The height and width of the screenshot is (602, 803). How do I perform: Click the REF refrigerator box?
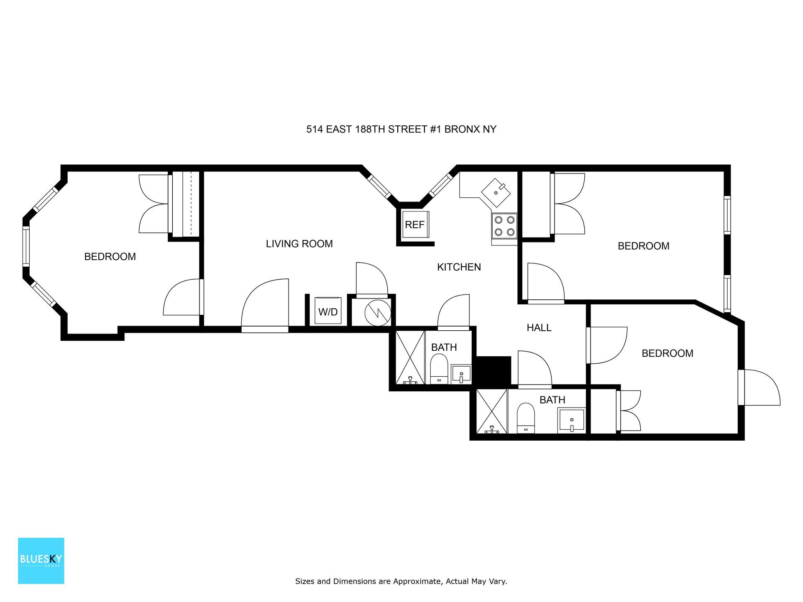[x=415, y=224]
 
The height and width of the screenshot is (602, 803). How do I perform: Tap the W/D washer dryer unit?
[x=328, y=311]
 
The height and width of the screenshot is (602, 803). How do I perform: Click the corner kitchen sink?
[x=496, y=193]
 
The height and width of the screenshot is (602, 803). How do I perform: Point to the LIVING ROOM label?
[x=299, y=244]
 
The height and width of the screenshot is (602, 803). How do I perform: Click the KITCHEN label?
[x=459, y=267]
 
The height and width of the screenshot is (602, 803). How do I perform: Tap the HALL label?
[x=539, y=328]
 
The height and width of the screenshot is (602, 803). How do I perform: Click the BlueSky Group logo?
[x=41, y=561]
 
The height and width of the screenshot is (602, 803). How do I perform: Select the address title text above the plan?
[x=401, y=129]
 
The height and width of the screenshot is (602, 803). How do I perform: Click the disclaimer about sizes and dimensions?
[x=401, y=581]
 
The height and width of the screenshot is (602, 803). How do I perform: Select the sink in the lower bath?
[x=571, y=421]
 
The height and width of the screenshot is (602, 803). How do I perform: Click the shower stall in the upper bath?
[x=410, y=357]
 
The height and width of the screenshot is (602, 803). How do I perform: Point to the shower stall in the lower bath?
[x=492, y=411]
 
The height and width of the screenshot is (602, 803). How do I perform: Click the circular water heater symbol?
[x=378, y=312]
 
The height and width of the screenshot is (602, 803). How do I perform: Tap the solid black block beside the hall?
[x=494, y=370]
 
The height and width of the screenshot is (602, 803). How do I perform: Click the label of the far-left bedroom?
[x=110, y=257]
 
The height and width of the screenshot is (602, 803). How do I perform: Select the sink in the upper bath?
[x=461, y=374]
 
